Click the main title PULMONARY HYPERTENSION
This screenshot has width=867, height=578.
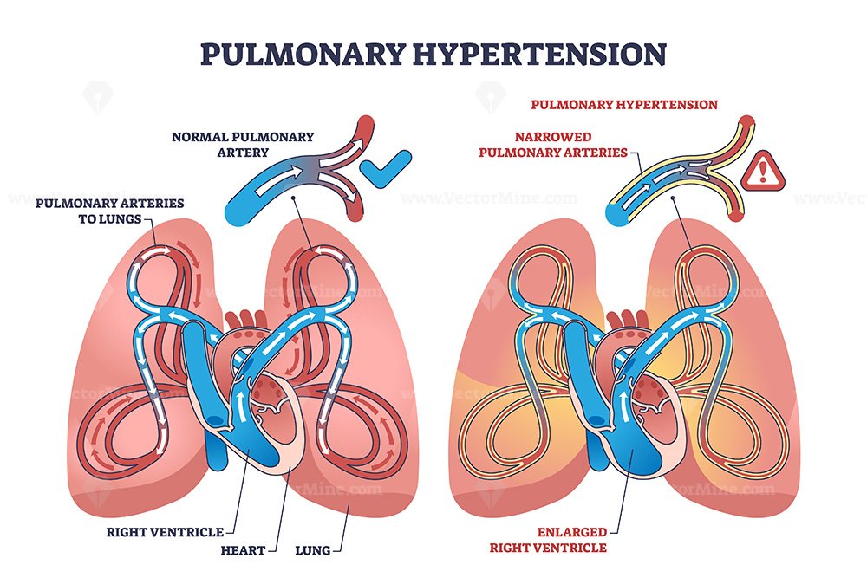tap(433, 55)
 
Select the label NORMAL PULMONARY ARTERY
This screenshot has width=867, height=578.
tap(243, 144)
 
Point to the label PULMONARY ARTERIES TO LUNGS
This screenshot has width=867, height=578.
tap(109, 211)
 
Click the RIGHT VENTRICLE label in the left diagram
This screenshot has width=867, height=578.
tap(165, 532)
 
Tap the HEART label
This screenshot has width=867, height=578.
tap(243, 550)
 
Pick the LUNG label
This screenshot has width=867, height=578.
tap(313, 550)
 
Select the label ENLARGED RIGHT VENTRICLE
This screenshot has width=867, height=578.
tap(548, 540)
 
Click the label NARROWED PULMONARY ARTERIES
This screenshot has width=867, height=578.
tap(553, 144)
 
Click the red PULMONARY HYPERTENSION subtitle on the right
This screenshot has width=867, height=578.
tap(624, 105)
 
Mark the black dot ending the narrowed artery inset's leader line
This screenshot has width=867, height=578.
tap(673, 198)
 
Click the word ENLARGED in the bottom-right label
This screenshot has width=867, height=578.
tap(571, 532)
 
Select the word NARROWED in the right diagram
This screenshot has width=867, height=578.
tap(553, 137)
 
